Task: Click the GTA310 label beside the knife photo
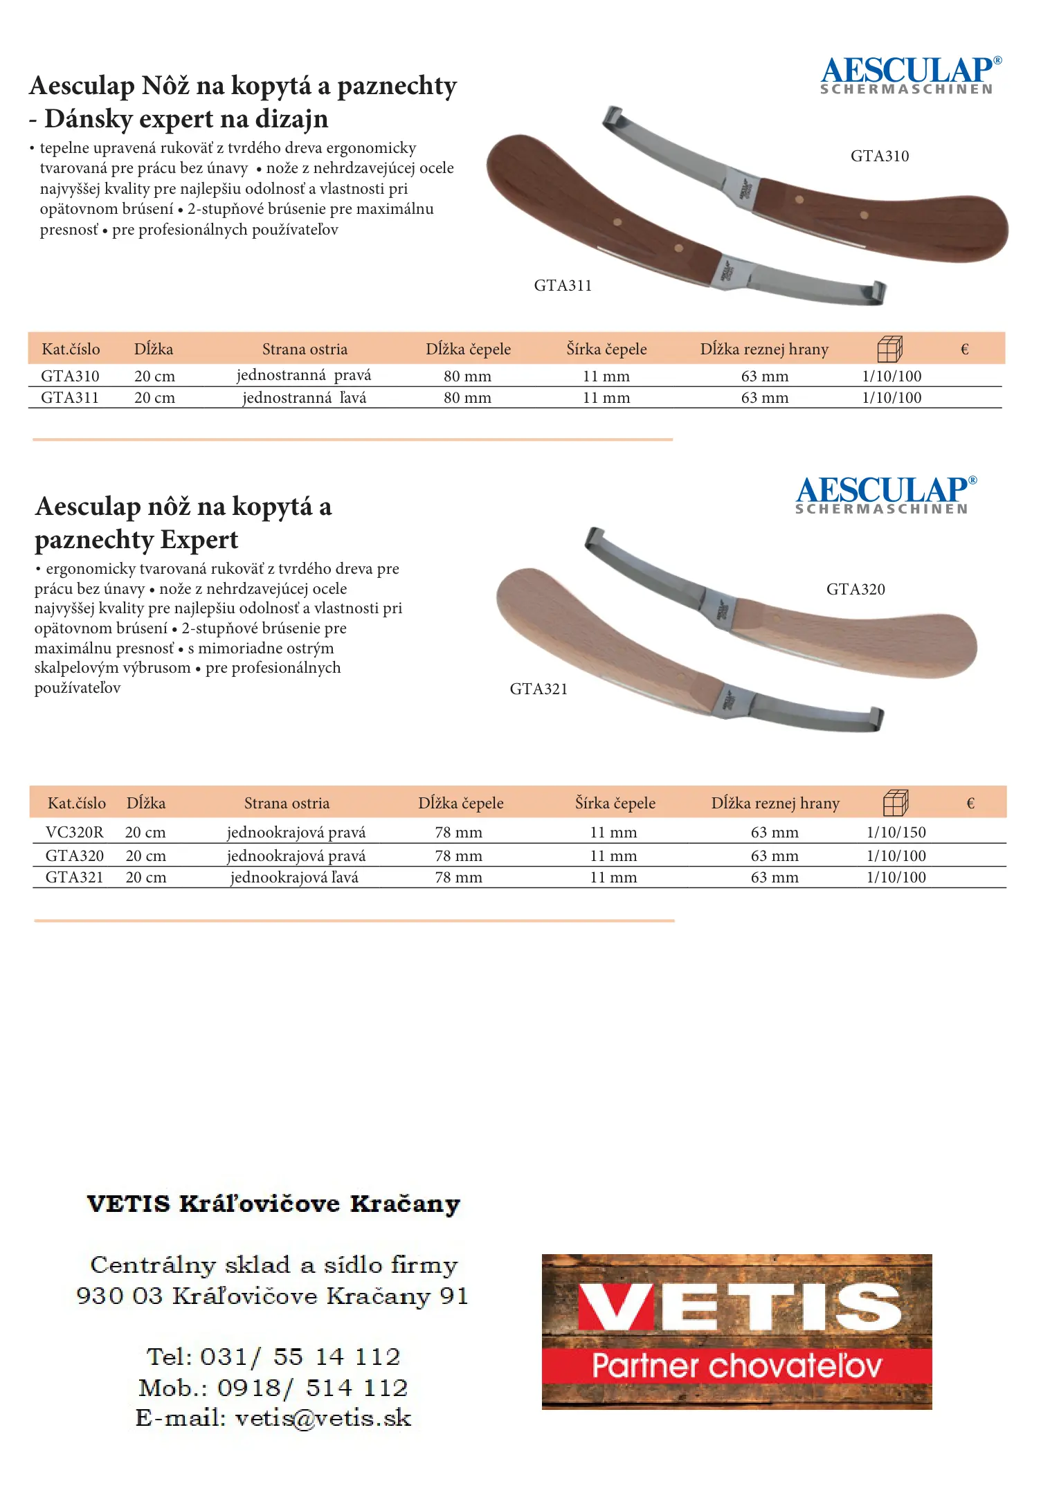point(879,156)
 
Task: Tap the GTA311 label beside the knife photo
point(563,286)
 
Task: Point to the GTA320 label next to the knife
point(856,590)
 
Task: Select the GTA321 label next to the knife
point(538,689)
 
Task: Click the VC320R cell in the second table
point(74,833)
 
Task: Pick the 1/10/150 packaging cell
point(896,833)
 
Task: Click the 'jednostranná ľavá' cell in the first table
point(304,398)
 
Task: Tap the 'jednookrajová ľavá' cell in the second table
point(294,878)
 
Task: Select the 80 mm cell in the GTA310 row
point(467,377)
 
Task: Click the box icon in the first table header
point(889,349)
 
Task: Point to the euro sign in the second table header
point(970,804)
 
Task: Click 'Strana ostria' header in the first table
point(305,350)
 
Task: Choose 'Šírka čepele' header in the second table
point(615,804)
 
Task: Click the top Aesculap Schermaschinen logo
point(909,75)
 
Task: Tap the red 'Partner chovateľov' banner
point(736,1366)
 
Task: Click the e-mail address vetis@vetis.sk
point(323,1418)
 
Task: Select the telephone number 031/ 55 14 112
point(300,1357)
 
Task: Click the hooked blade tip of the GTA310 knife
point(613,116)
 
